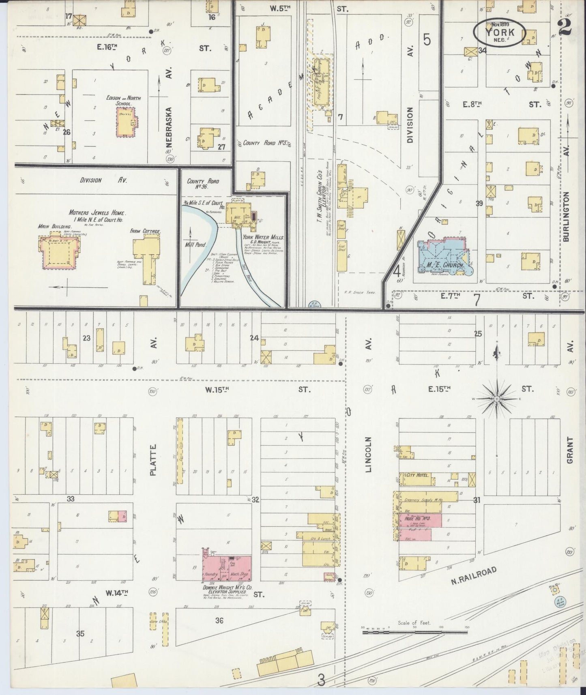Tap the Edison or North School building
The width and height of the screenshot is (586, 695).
tap(127, 122)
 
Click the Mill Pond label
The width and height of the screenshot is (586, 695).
tap(196, 245)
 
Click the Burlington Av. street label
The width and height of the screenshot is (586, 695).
tap(566, 217)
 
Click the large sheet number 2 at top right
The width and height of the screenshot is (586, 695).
tap(565, 28)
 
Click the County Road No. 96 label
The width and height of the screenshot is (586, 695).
tap(203, 184)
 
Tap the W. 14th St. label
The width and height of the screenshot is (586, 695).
tap(117, 593)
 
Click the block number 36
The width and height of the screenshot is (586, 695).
tap(219, 620)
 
